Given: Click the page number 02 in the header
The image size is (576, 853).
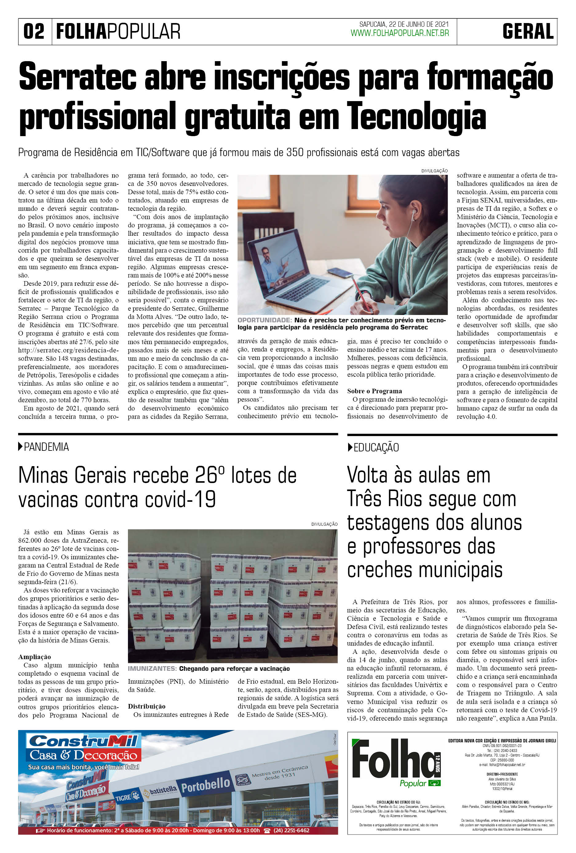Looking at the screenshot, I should tap(34, 32).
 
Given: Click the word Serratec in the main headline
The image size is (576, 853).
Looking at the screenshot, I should tap(77, 77).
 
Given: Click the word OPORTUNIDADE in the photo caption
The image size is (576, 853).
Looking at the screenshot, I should tap(264, 320).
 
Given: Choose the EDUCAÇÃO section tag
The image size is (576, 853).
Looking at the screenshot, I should tap(376, 447).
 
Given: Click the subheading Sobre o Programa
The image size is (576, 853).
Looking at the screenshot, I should tap(374, 391).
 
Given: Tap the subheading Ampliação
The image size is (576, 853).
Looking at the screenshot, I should tap(34, 657).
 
